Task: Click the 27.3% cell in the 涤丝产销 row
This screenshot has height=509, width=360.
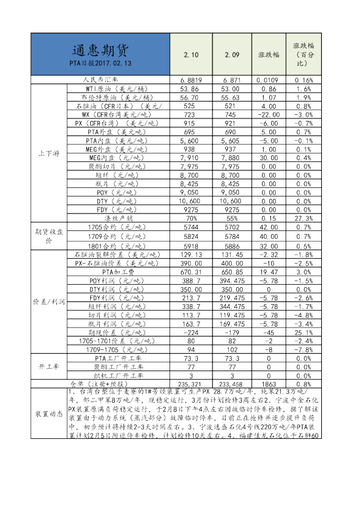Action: pos(303,218)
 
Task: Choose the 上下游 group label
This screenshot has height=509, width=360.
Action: pos(48,153)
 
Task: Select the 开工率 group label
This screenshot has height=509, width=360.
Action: pos(48,366)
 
